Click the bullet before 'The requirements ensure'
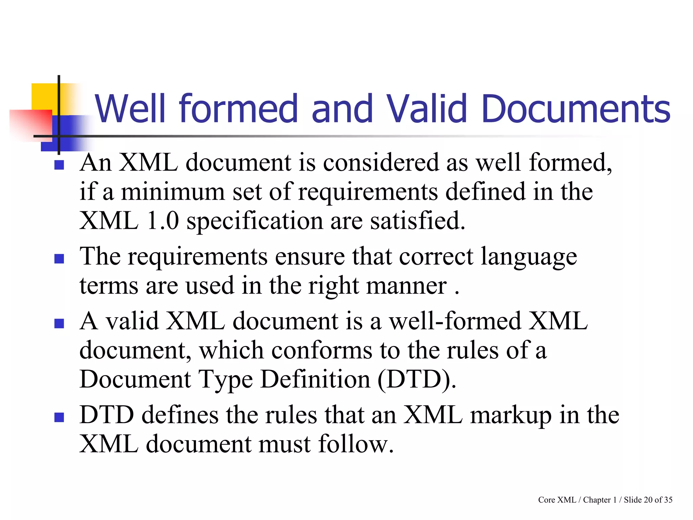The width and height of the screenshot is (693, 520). pyautogui.click(x=59, y=259)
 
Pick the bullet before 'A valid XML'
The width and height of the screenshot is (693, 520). pyautogui.click(x=59, y=324)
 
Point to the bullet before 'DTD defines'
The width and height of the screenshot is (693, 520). pyautogui.click(x=59, y=417)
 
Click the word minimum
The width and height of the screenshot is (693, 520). pyautogui.click(x=173, y=192)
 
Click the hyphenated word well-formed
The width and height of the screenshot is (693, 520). pyautogui.click(x=455, y=321)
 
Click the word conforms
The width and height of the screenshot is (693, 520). pyautogui.click(x=321, y=350)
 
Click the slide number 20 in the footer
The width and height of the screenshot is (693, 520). pyautogui.click(x=648, y=500)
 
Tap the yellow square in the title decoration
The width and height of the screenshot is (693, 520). pyautogui.click(x=44, y=96)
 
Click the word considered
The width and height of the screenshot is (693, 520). pyautogui.click(x=380, y=162)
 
